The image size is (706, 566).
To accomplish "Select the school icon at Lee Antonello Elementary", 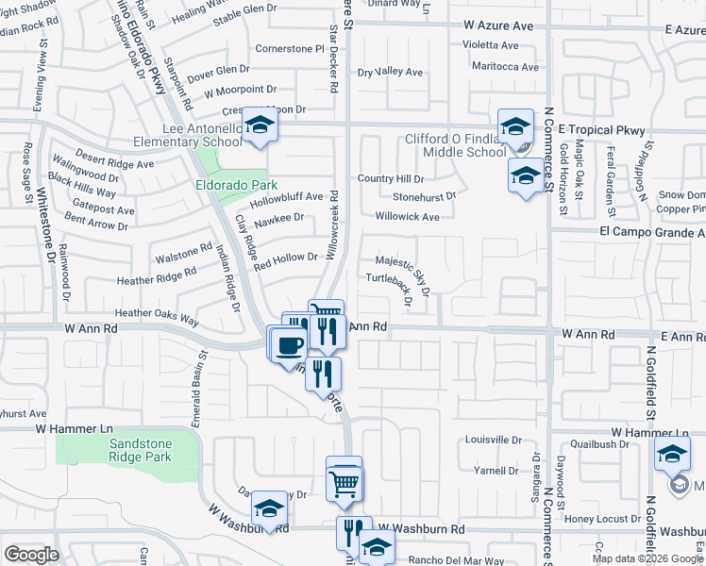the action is [258, 125].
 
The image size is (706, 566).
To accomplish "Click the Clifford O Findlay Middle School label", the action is [456, 145].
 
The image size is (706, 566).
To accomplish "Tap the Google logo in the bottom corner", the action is [31, 554].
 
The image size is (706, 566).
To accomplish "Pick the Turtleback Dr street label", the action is [391, 289].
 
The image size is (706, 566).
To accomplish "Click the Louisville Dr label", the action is [494, 441].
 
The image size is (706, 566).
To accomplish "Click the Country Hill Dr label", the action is [391, 178].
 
